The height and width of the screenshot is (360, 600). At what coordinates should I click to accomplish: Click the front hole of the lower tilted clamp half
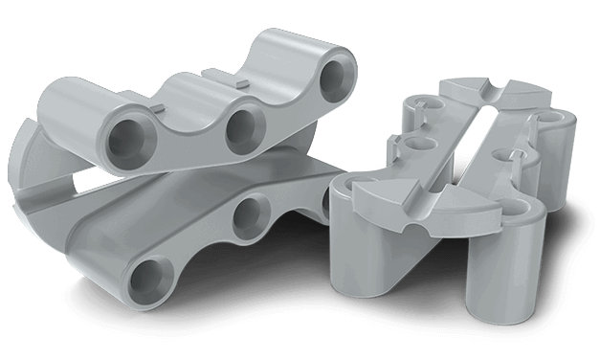point(147,280)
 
